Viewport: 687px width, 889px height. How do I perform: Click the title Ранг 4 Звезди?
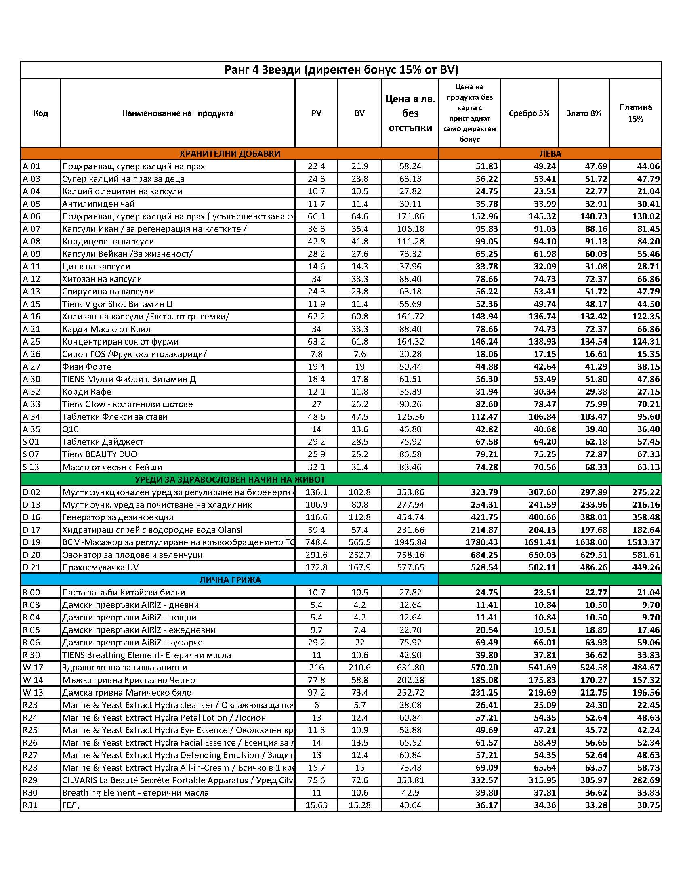tap(341, 70)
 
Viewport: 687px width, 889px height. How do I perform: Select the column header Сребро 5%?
tap(529, 113)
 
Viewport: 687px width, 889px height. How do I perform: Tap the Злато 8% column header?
tap(584, 113)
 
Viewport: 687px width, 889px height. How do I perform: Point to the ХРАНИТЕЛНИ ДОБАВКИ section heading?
tap(230, 154)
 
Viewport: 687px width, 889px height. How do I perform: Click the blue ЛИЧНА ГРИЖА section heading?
tap(230, 580)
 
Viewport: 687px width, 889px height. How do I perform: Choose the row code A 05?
tap(32, 204)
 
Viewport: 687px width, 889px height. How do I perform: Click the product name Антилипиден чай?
tap(99, 204)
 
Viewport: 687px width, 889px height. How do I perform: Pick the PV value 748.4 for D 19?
tap(316, 542)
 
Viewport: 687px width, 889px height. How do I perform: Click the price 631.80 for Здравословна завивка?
tap(410, 668)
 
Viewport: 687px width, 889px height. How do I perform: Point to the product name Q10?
tap(70, 429)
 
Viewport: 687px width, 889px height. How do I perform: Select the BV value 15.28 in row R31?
tap(359, 805)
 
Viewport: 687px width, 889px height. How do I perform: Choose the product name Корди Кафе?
tap(87, 392)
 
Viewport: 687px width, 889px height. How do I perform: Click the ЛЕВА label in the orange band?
tap(550, 154)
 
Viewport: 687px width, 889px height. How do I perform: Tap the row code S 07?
tap(32, 454)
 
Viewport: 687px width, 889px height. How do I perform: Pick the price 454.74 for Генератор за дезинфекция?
tap(410, 517)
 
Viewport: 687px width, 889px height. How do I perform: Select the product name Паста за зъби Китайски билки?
tap(123, 592)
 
